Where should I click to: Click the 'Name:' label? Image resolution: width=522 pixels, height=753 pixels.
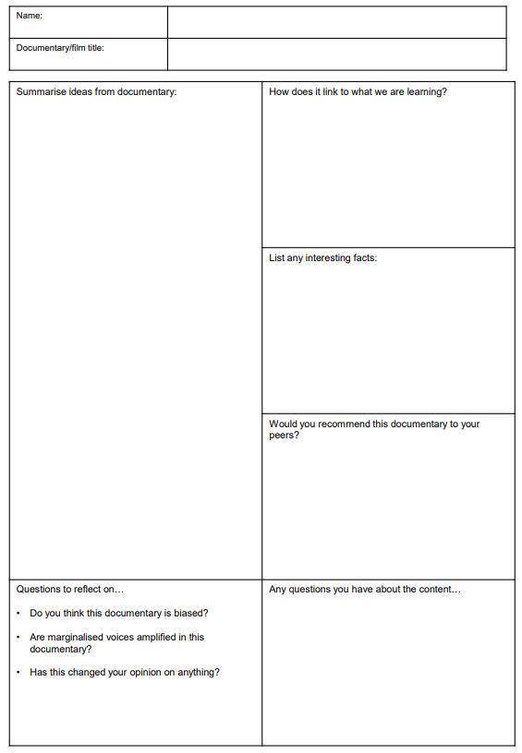[x=30, y=16]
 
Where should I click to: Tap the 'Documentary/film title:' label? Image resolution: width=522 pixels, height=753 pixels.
[x=60, y=48]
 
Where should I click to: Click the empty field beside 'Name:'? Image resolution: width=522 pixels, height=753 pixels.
[x=336, y=22]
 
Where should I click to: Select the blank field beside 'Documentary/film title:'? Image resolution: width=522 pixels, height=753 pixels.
[x=336, y=54]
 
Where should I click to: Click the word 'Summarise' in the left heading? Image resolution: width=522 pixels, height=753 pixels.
[x=41, y=92]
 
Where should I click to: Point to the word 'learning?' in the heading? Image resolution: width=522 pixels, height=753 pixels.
[x=426, y=92]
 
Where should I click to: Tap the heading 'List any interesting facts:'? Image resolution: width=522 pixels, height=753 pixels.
[x=322, y=258]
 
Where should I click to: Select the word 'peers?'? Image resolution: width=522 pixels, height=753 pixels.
[x=284, y=436]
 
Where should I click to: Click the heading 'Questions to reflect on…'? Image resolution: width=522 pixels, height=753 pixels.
[x=69, y=589]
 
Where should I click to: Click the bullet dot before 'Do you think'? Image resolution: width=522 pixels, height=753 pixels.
[x=19, y=613]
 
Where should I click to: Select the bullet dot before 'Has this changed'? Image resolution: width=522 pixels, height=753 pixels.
[x=19, y=672]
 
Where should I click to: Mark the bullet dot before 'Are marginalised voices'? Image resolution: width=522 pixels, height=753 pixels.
[x=19, y=637]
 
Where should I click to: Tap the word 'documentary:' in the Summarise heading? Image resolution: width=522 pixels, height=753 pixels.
[x=147, y=92]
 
